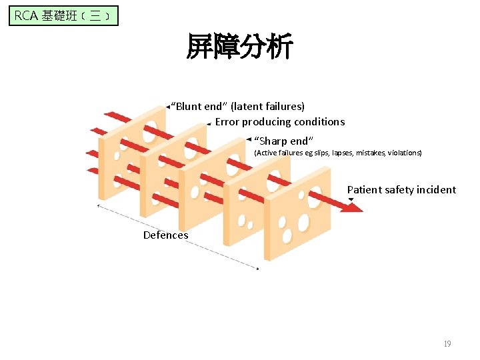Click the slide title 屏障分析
click(239, 48)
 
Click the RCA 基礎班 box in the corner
click(63, 15)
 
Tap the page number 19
click(447, 344)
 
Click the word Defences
click(165, 235)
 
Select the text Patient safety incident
click(401, 189)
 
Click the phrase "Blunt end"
click(199, 106)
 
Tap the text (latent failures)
click(267, 106)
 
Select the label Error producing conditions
click(279, 121)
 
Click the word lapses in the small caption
click(342, 153)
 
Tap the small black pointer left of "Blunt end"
click(168, 106)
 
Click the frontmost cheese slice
click(297, 213)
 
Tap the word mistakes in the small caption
click(370, 153)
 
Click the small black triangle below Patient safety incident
click(351, 199)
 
